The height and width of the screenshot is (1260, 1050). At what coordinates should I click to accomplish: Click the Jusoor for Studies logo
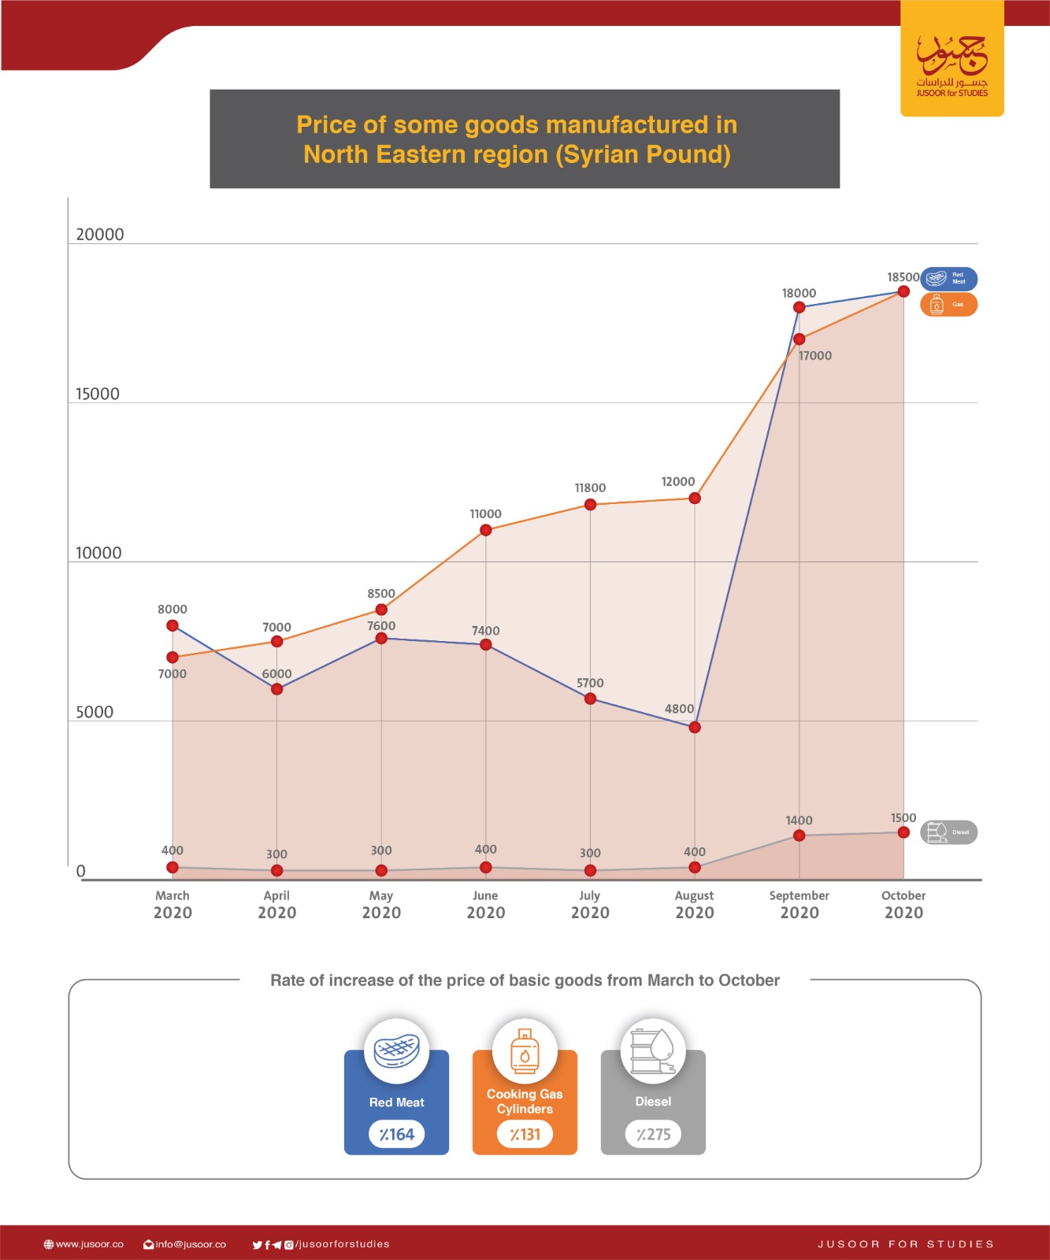952,63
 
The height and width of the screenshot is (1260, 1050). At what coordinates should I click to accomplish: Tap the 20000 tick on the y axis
100,235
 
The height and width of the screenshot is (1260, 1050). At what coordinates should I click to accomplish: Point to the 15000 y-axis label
98,395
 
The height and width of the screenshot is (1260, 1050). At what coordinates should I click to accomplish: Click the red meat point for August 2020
695,728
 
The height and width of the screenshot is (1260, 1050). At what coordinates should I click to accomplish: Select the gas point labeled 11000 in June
486,530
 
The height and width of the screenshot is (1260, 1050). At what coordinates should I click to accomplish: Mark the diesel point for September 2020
800,836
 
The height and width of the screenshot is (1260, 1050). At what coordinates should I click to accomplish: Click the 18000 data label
799,293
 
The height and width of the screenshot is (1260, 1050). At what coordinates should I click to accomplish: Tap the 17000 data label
815,356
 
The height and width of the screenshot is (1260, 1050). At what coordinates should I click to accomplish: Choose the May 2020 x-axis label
381,905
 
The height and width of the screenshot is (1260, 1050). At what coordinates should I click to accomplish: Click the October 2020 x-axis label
903,905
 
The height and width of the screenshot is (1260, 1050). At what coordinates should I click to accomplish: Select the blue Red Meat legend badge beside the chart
948,279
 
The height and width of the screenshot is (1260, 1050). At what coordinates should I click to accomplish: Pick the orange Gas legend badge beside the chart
948,305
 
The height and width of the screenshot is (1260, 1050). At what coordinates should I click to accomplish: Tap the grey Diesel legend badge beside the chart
948,832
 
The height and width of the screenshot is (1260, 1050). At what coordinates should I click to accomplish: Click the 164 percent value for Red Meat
397,1135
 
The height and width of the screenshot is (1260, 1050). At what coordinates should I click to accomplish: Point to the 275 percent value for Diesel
653,1135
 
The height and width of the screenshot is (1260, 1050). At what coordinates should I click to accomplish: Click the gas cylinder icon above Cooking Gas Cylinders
525,1051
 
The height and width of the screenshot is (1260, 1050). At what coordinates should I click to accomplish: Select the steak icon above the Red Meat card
397,1050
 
